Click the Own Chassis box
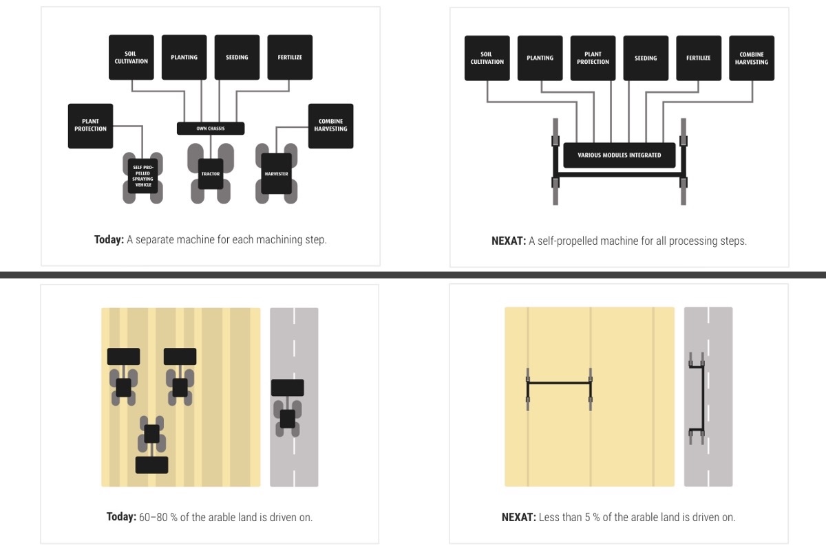tap(211, 129)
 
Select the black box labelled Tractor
tap(210, 174)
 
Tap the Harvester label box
tap(276, 174)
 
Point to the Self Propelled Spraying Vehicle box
tap(143, 177)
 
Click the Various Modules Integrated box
tap(619, 155)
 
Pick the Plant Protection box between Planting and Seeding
tap(593, 58)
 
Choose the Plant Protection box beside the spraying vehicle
tap(90, 126)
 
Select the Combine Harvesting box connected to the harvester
tap(330, 126)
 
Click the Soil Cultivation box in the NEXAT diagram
tap(487, 58)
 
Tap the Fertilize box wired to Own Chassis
tap(290, 58)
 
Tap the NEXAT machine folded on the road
tap(697, 398)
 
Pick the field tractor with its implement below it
tap(152, 444)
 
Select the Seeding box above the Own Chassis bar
tap(237, 58)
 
